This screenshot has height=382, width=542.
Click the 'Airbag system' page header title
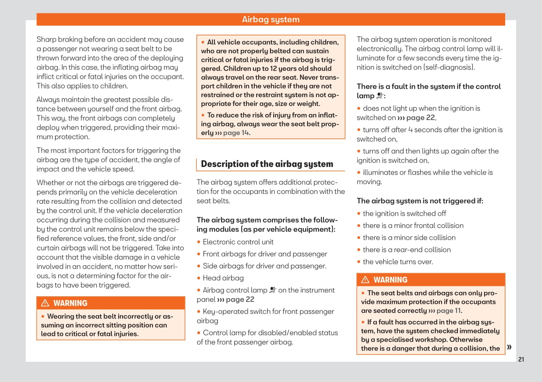tap(270, 19)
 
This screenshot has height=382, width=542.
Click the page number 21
tap(521, 359)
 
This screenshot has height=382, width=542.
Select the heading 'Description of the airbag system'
tap(267, 164)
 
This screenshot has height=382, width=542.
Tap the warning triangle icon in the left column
tap(45, 303)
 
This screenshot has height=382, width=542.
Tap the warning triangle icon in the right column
tap(365, 280)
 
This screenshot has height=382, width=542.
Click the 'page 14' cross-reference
tap(236, 133)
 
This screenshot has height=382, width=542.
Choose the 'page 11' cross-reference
tap(449, 311)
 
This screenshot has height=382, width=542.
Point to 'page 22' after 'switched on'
tap(421, 118)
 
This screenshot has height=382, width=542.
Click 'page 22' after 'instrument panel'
tap(240, 300)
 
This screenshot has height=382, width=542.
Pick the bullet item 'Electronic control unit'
tap(238, 242)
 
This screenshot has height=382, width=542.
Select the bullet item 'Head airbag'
tap(223, 278)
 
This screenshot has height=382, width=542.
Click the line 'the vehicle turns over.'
tap(397, 262)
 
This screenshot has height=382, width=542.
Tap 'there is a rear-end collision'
tap(406, 250)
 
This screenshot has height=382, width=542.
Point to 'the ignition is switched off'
tap(404, 213)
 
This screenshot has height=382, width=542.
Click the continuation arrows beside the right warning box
tap(509, 347)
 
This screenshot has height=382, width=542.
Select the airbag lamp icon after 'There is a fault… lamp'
tap(380, 96)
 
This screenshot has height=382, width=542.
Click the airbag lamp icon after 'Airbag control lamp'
tap(273, 290)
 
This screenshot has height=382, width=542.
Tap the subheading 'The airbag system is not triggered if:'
tap(420, 201)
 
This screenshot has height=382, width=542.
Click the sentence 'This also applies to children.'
tap(82, 86)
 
